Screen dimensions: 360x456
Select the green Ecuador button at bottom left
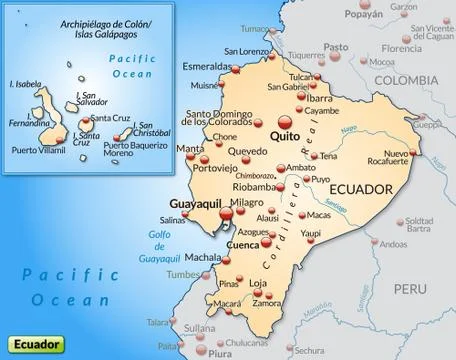click(35, 343)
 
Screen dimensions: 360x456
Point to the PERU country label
click(408, 259)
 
